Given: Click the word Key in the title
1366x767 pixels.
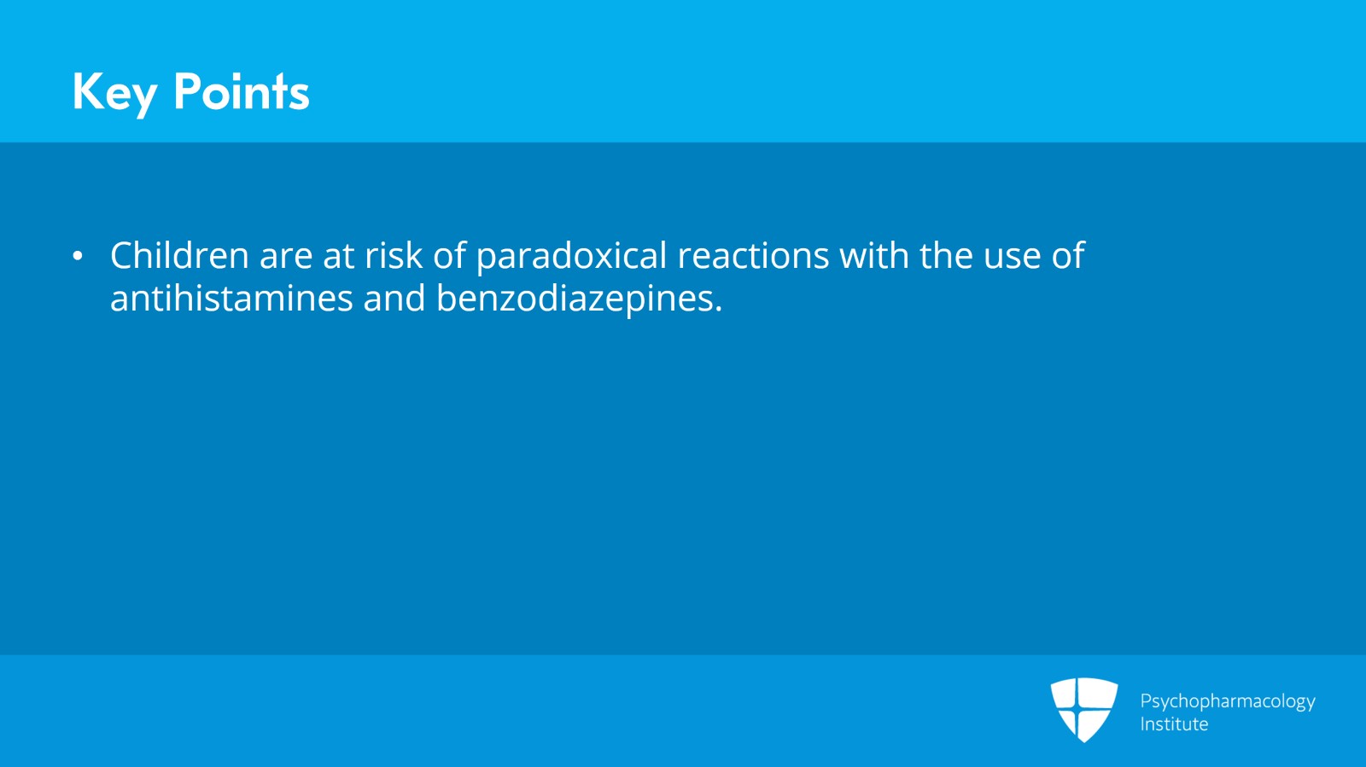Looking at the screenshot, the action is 114,93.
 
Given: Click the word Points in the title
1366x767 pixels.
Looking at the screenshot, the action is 242,91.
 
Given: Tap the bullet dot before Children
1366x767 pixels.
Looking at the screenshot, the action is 78,256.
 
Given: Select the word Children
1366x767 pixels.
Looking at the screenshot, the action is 179,254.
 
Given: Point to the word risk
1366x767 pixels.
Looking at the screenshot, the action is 394,254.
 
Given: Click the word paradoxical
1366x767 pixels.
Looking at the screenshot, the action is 571,256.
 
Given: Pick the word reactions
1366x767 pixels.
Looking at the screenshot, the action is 753,256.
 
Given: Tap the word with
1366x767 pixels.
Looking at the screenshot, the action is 874,254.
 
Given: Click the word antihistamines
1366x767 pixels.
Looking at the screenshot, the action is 231,299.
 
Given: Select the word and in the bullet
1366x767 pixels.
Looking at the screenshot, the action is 394,299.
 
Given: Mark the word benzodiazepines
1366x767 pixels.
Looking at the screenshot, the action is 580,299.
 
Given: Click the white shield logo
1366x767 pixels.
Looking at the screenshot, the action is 1084,710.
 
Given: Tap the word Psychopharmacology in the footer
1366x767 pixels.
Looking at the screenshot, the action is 1228,701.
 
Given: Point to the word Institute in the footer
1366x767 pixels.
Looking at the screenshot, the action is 1174,723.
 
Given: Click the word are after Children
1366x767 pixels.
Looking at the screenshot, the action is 286,259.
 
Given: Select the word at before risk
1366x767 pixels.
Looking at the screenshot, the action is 338,257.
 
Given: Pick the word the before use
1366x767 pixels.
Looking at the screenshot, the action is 946,254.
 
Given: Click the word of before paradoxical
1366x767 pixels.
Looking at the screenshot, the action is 449,254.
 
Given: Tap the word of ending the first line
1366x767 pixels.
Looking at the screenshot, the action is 1068,254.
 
